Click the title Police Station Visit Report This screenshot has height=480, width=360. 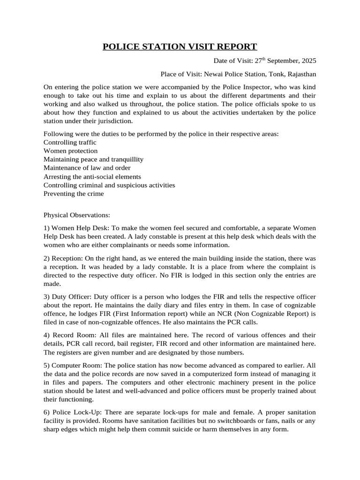180,46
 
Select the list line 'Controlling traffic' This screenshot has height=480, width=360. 70,142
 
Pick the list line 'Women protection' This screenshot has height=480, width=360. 71,151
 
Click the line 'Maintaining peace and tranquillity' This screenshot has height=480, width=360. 93,159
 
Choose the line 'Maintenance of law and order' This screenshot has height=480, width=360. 87,168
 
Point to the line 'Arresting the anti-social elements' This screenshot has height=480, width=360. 92,177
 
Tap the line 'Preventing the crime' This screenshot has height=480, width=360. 74,194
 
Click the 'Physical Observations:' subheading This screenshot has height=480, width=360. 76,215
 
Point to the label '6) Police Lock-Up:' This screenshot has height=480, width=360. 73,412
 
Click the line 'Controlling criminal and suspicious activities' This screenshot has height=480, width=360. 109,185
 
